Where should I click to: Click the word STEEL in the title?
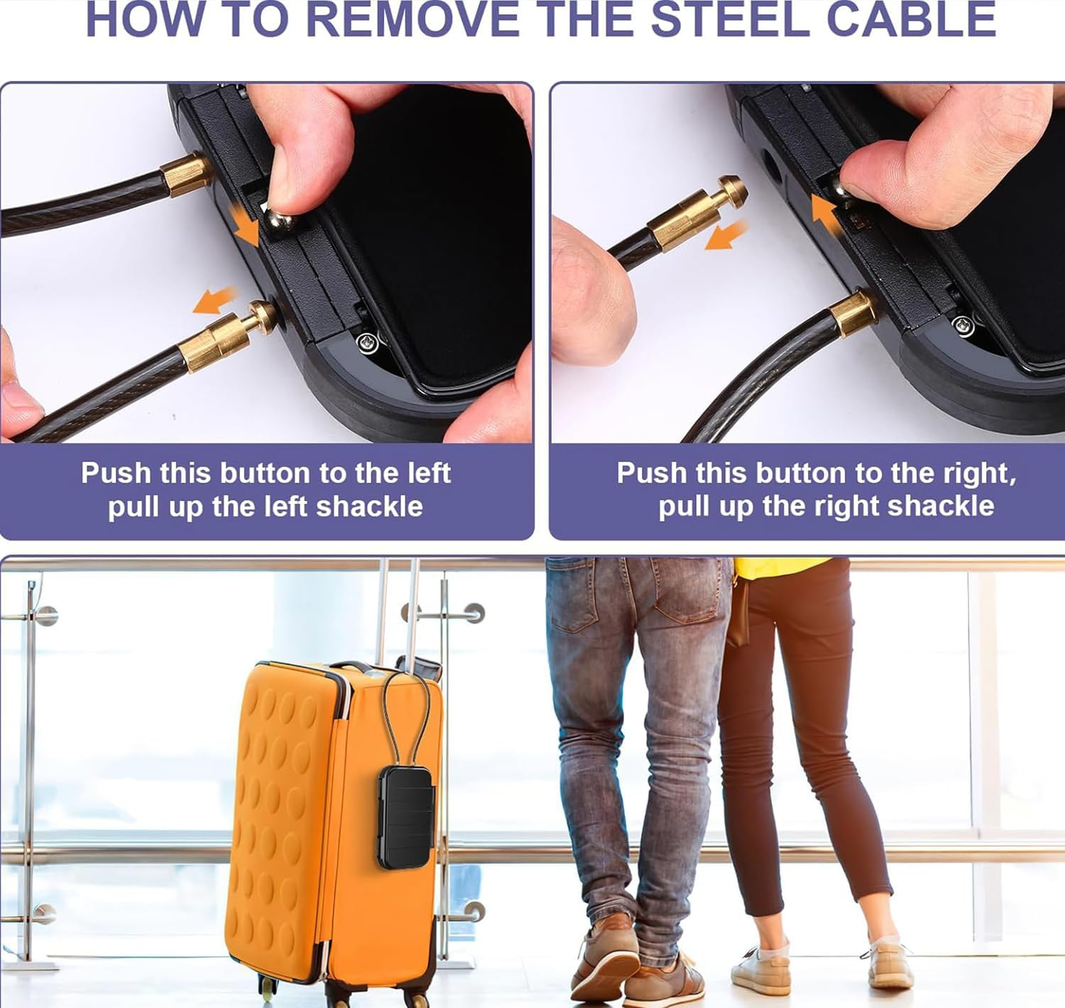[x=730, y=19]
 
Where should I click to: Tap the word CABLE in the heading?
[x=912, y=19]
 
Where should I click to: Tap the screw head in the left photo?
[x=367, y=342]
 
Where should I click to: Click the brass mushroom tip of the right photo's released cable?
[x=733, y=191]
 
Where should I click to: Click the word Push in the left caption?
[x=116, y=473]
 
